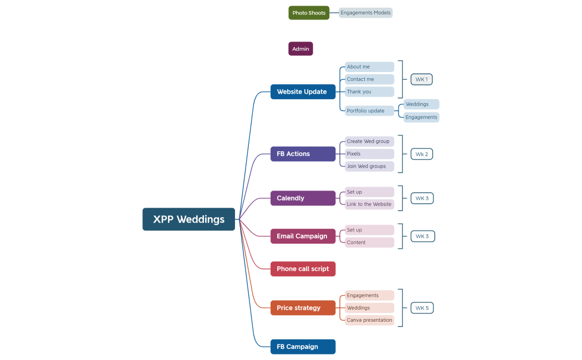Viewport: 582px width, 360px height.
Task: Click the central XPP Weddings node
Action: click(188, 219)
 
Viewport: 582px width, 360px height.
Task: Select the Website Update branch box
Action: click(303, 92)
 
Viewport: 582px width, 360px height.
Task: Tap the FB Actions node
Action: click(303, 154)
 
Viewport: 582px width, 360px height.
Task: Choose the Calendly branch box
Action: click(303, 198)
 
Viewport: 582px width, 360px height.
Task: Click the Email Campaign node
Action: click(303, 236)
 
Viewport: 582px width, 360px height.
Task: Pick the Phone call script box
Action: click(303, 269)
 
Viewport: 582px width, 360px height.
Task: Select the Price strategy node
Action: click(303, 308)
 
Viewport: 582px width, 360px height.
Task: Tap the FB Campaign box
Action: click(303, 347)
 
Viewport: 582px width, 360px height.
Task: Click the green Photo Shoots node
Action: click(309, 13)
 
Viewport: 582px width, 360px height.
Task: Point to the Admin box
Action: click(300, 49)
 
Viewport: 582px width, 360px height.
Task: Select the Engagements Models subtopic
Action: click(365, 13)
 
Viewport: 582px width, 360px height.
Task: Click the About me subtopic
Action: click(369, 67)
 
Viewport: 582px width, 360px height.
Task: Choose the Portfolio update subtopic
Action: click(369, 111)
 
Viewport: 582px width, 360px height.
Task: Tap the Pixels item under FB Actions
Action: click(369, 154)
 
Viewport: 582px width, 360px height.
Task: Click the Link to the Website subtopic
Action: click(369, 204)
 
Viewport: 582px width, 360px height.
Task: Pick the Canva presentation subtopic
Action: click(369, 320)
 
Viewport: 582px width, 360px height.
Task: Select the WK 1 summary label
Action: click(421, 79)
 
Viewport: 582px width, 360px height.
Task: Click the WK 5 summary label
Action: click(422, 308)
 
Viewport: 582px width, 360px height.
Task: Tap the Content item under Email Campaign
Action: click(369, 243)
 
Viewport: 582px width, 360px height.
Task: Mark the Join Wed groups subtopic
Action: click(369, 166)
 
